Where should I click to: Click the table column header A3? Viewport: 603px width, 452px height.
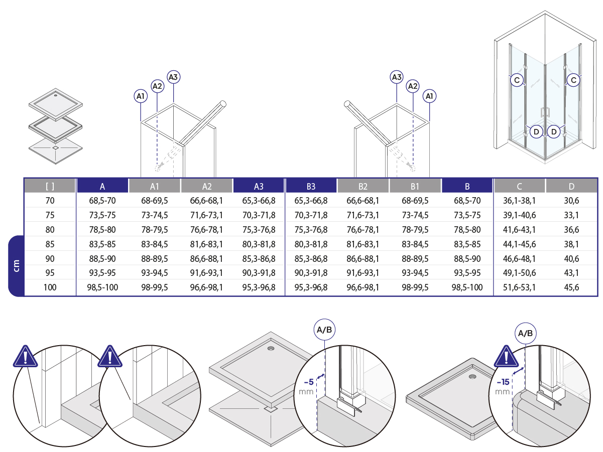click(x=258, y=186)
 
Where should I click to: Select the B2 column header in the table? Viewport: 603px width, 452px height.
click(x=363, y=186)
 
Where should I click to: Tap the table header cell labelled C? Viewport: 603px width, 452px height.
click(x=519, y=186)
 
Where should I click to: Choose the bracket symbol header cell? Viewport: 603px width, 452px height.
click(x=50, y=186)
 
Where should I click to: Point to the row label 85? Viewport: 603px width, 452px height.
click(x=50, y=244)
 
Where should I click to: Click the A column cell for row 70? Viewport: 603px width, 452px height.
click(x=102, y=201)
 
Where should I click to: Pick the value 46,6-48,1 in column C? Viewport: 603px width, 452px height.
click(x=519, y=258)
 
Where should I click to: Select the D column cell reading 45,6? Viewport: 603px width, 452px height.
click(x=571, y=287)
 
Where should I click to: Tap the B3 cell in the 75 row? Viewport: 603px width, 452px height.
click(x=311, y=215)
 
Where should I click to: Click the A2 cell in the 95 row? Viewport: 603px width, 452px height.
click(x=206, y=273)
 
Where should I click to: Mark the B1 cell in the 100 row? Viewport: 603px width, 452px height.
click(x=415, y=287)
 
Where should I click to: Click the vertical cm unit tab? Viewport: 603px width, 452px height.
click(x=16, y=266)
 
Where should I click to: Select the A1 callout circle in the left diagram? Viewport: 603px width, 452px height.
click(x=141, y=96)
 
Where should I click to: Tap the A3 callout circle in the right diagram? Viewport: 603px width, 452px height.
click(x=397, y=77)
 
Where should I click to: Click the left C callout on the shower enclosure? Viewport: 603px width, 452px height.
click(x=517, y=80)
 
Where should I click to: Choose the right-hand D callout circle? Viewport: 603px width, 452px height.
click(x=554, y=132)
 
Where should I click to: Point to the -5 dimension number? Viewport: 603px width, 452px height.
click(x=309, y=382)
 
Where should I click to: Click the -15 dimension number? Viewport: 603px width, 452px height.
click(x=503, y=382)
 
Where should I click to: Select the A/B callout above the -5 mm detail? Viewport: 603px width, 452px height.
click(x=324, y=330)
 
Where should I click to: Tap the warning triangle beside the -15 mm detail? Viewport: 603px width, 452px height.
click(x=506, y=357)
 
